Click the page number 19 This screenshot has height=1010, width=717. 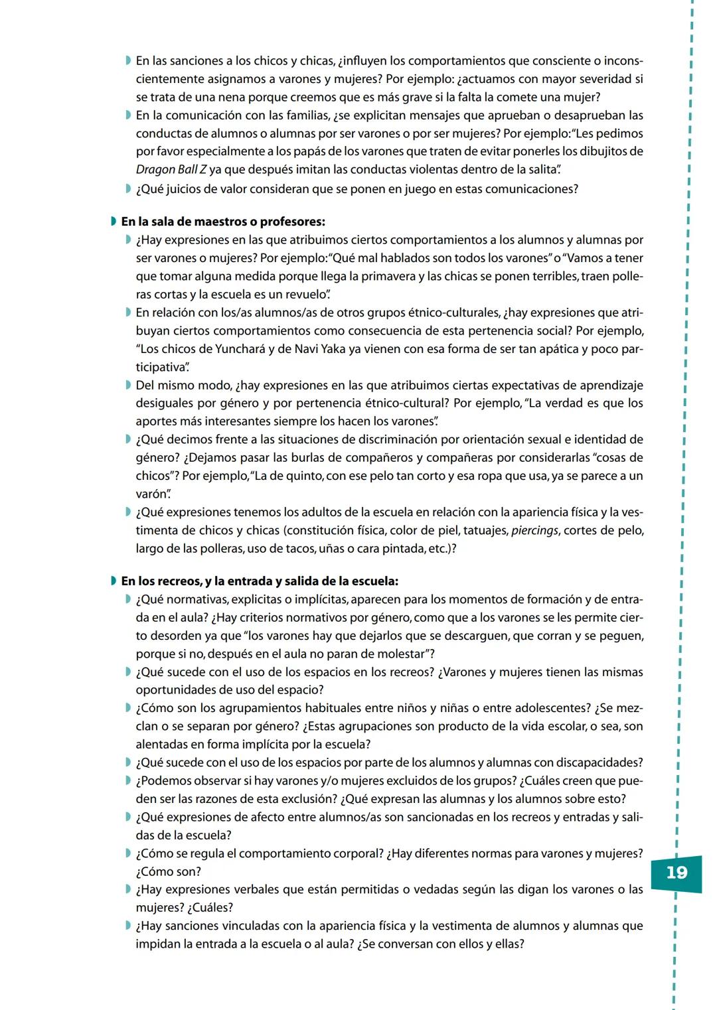[x=676, y=873]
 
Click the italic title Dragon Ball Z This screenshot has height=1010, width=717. [x=171, y=170]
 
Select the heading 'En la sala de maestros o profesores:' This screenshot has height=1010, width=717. [x=223, y=222]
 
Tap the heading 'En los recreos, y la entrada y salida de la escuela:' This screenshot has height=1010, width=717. [x=260, y=581]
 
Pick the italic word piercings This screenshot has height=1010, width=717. [x=534, y=531]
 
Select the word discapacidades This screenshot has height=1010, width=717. [x=597, y=763]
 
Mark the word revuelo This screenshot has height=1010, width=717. [x=305, y=295]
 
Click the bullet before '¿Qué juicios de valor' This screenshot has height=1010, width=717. [x=128, y=189]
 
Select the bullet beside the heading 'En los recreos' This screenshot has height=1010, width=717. [x=114, y=581]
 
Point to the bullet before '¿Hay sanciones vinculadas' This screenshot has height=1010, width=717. [x=128, y=926]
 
